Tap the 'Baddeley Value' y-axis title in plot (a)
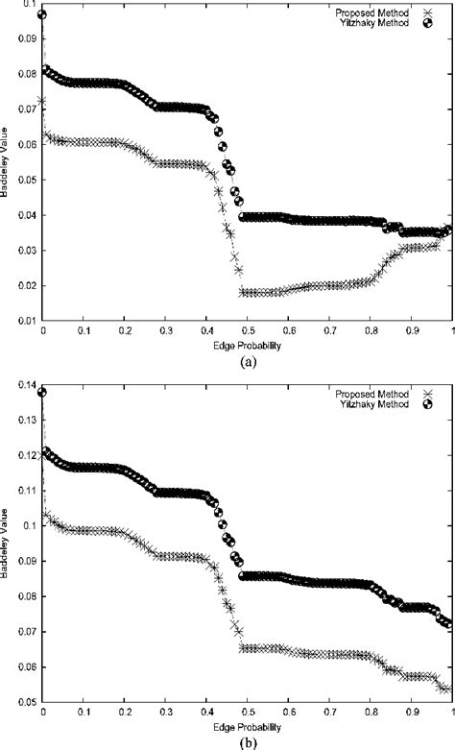[7, 163]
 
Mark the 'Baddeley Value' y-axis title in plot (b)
[7, 543]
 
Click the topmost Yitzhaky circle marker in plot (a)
[42, 15]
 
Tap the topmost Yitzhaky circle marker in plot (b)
[42, 392]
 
